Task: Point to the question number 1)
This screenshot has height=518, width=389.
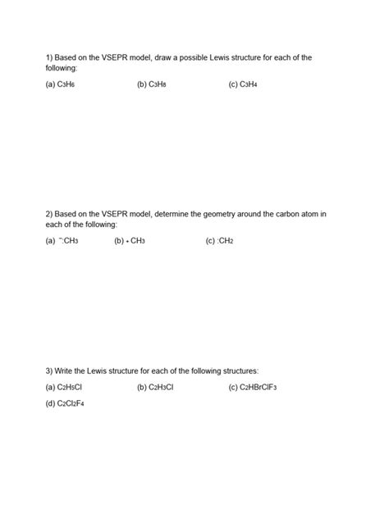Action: (x=49, y=57)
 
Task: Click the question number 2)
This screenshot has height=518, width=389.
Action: (x=49, y=214)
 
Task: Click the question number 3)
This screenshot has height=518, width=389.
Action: (x=49, y=371)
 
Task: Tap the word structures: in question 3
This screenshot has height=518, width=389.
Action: (x=236, y=371)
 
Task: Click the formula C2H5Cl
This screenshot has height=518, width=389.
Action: (x=71, y=388)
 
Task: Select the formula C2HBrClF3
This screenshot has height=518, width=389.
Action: (x=259, y=388)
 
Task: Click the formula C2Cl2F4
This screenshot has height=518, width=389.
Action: (x=72, y=404)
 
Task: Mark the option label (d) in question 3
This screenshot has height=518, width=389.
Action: (x=51, y=404)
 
